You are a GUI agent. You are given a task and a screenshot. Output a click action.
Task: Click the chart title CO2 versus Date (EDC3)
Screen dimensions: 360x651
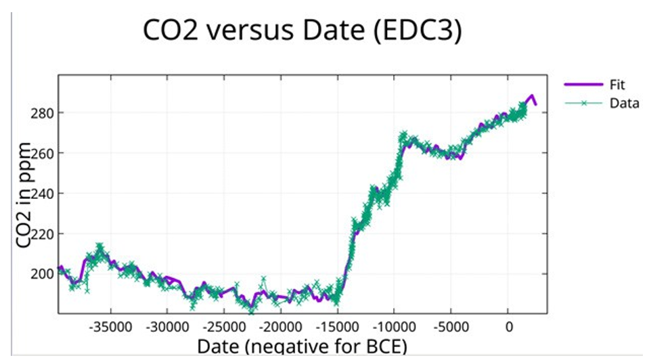(302, 32)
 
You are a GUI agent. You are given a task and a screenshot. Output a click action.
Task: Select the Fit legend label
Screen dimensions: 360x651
(618, 85)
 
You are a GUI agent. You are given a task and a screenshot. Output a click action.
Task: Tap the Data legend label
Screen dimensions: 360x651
(624, 103)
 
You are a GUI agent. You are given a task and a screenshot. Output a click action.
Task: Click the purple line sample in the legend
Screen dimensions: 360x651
(583, 85)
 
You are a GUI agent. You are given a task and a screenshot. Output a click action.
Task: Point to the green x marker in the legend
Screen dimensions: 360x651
(583, 103)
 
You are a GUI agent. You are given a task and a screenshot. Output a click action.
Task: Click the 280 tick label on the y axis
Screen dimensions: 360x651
(42, 112)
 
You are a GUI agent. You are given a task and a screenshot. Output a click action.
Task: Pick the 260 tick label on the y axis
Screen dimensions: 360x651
(42, 152)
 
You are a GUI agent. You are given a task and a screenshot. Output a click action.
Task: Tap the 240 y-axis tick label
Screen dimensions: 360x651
(42, 193)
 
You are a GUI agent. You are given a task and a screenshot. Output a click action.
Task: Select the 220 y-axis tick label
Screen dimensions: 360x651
(42, 233)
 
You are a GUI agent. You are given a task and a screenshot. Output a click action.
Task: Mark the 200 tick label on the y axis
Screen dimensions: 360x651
(42, 274)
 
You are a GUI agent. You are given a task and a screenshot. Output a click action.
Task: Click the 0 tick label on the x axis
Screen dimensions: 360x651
(509, 326)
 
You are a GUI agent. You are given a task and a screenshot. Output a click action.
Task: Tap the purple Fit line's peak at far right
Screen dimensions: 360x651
(532, 96)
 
